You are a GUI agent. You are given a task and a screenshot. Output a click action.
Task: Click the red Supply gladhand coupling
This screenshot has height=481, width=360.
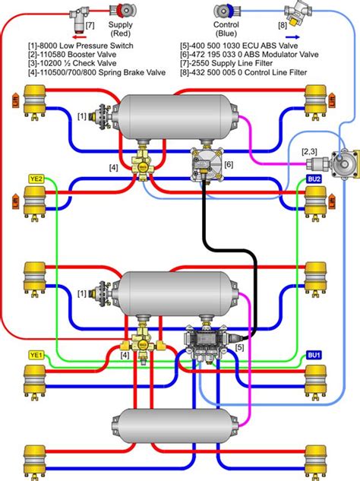pyautogui.click(x=121, y=12)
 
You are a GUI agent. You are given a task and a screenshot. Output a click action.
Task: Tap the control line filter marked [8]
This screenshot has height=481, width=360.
pyautogui.click(x=292, y=11)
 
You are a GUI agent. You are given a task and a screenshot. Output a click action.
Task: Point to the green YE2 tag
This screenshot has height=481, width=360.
pyautogui.click(x=36, y=179)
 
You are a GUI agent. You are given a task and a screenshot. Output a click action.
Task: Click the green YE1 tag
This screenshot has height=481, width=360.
pyautogui.click(x=36, y=354)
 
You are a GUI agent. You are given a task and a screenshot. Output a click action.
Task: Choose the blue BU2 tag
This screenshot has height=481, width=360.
pyautogui.click(x=313, y=179)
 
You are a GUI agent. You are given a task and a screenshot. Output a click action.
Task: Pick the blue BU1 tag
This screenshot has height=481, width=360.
pyautogui.click(x=313, y=355)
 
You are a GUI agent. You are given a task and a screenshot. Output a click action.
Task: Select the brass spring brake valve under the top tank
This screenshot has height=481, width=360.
pyautogui.click(x=141, y=161)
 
